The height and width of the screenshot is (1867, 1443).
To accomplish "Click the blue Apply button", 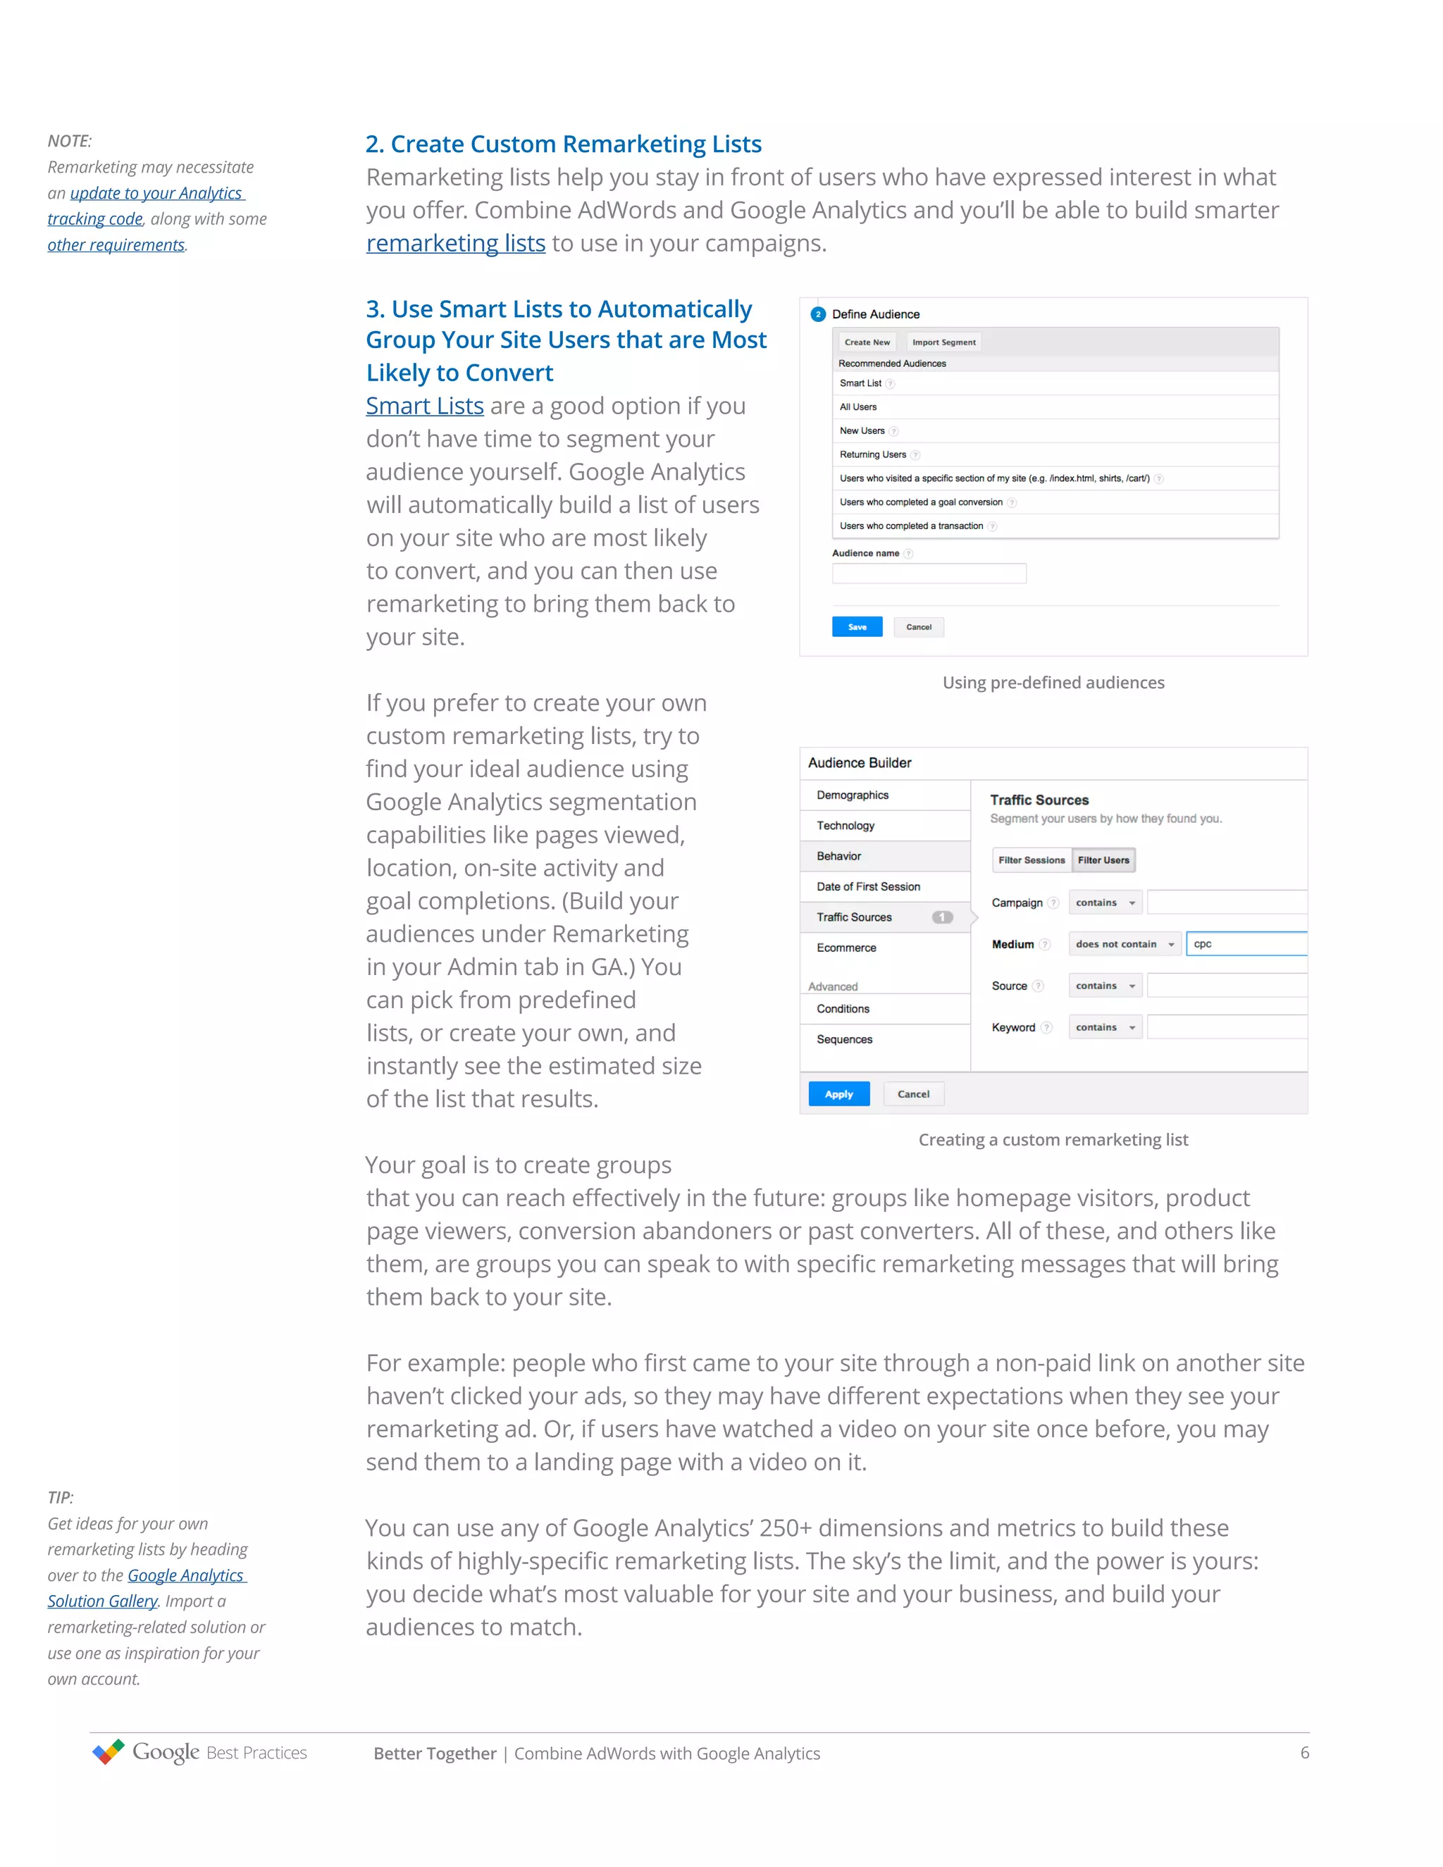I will pyautogui.click(x=838, y=1093).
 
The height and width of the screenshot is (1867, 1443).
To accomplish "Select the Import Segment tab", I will pyautogui.click(x=943, y=342).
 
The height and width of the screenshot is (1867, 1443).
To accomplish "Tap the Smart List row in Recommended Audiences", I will pyautogui.click(x=1055, y=383).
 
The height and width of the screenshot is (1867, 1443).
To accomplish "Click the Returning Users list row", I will pyautogui.click(x=1055, y=455).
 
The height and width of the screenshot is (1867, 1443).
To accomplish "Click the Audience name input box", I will pyautogui.click(x=929, y=573).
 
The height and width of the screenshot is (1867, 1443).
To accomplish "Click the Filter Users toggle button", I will pyautogui.click(x=1103, y=860).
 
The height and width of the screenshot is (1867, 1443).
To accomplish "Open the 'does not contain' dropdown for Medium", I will pyautogui.click(x=1124, y=944).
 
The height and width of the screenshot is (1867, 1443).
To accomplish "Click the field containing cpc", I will pyautogui.click(x=1246, y=944).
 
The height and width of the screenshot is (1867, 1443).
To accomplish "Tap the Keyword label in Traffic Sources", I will pyautogui.click(x=1013, y=1027).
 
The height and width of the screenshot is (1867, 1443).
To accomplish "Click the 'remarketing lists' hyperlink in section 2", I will pyautogui.click(x=456, y=244).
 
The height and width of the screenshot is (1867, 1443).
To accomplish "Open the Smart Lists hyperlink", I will pyautogui.click(x=425, y=406).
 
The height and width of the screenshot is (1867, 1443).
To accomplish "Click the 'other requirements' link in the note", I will pyautogui.click(x=116, y=245).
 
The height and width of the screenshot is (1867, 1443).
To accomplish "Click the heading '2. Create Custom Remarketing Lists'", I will pyautogui.click(x=564, y=144).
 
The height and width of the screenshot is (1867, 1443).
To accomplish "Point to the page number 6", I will pyautogui.click(x=1304, y=1752).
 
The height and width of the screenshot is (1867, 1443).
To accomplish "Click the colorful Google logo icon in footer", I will pyautogui.click(x=109, y=1751).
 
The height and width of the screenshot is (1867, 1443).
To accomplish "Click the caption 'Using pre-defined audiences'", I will pyautogui.click(x=1053, y=682).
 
